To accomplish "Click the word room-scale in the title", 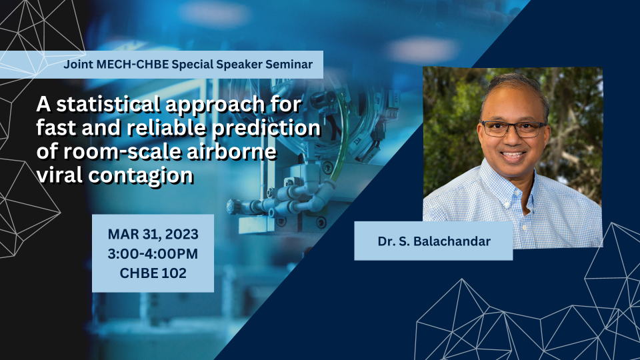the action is click(x=123, y=151).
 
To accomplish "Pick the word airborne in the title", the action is click(x=231, y=151).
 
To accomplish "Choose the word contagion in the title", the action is click(x=141, y=176).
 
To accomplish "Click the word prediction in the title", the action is click(x=266, y=129).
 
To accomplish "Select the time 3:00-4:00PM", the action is click(x=153, y=253).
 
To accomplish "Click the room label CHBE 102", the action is click(x=153, y=273).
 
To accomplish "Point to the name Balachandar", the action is click(x=452, y=241).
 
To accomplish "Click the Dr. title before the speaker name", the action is click(x=386, y=241).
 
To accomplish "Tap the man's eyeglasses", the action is click(x=513, y=129).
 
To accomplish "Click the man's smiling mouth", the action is click(x=513, y=155).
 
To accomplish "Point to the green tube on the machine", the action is click(x=342, y=135).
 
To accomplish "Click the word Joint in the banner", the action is click(x=79, y=65).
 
